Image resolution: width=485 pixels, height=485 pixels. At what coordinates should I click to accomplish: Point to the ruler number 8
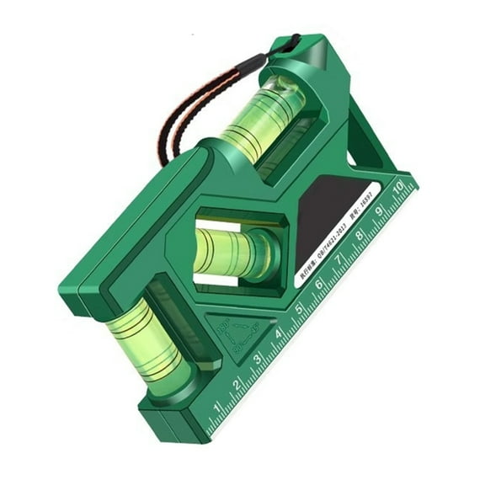360,237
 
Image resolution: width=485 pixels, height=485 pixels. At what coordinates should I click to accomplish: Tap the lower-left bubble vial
152,337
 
